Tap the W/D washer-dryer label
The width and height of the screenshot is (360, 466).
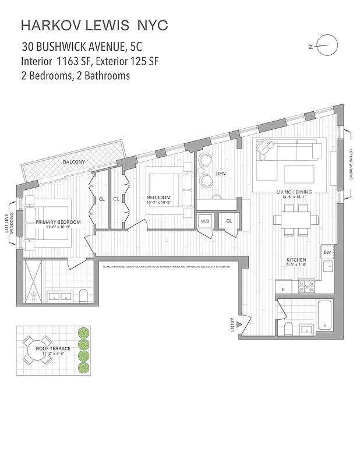pos(205,221)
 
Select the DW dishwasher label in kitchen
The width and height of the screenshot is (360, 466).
pos(327,253)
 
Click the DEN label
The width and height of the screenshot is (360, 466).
pos(221,173)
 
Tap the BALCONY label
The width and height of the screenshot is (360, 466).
pos(74,162)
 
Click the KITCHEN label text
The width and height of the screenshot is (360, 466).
pos(297,260)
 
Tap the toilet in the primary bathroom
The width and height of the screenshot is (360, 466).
pos(83,295)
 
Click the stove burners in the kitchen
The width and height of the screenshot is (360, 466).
pos(306,286)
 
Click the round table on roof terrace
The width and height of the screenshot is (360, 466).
pos(38,349)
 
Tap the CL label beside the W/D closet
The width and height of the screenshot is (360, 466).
pos(229,221)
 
